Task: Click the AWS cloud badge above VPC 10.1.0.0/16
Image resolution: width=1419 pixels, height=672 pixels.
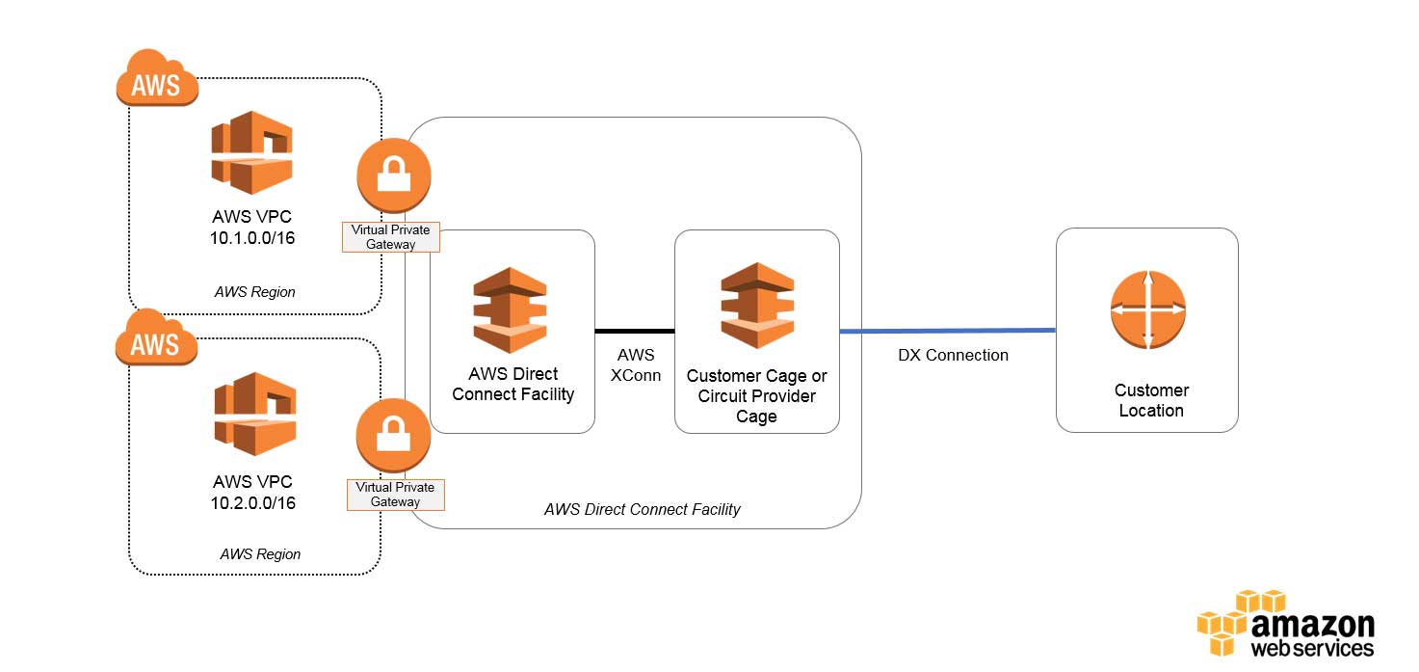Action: coord(157,78)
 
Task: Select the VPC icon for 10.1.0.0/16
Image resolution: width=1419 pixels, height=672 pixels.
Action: coord(251,152)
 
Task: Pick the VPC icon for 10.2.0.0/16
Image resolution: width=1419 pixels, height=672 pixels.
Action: coord(253,414)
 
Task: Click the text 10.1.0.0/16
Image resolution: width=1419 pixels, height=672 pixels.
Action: coord(252,237)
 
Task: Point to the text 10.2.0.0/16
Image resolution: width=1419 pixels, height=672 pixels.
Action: coord(253,502)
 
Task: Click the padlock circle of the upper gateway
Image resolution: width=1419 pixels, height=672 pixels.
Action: coord(393,175)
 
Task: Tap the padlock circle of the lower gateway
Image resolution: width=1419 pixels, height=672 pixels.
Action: coord(393,436)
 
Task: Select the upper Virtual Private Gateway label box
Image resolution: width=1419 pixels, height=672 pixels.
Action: coord(391,237)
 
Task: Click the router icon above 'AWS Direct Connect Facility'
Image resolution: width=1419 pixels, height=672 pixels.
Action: coord(511,309)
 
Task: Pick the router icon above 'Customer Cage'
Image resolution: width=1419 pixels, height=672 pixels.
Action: coord(757,305)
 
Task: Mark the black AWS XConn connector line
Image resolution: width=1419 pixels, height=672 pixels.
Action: coord(634,331)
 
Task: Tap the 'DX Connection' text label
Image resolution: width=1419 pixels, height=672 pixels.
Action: coord(953,355)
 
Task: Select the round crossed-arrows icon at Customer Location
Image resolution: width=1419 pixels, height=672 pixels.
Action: coord(1147,310)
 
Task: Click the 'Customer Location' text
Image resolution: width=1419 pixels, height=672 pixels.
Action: coord(1151,400)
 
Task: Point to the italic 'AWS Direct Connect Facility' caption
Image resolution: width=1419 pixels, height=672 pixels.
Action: coord(642,509)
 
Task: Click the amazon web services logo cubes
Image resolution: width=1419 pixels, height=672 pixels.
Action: coord(1242,622)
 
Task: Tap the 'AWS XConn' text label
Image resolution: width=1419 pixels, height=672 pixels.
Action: coord(635,365)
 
